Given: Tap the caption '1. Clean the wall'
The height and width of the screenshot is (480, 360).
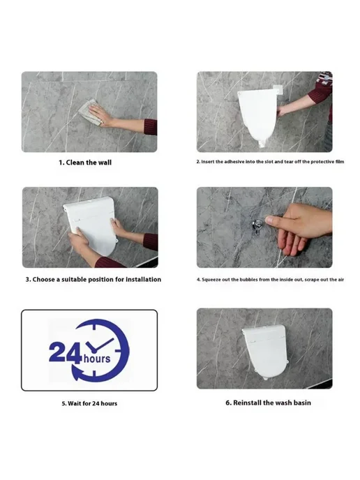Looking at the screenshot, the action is pos(85,163).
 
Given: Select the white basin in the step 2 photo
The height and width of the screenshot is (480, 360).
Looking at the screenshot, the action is pos(257,117).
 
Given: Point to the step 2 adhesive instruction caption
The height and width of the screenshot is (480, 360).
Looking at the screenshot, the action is pos(270,162).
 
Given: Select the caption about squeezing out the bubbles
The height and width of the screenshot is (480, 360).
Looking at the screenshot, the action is pos(270,280).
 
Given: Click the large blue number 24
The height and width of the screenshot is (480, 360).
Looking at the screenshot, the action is pos(65,352).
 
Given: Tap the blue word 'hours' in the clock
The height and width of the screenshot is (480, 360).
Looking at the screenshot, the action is pos(97,358).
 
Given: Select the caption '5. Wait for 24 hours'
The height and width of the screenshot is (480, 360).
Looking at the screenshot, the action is pos(89,403).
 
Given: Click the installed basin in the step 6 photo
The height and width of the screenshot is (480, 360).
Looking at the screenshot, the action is pos(266,352).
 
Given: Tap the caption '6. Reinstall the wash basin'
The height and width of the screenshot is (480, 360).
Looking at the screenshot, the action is pos(268,403).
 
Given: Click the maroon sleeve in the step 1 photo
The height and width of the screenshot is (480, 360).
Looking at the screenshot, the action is pos(151,127).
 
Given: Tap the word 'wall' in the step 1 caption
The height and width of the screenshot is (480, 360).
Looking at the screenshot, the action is pos(105,163).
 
